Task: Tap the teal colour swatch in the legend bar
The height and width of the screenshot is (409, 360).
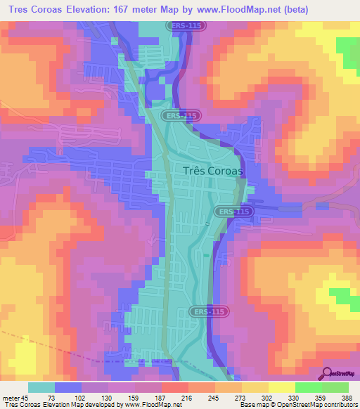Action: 41,387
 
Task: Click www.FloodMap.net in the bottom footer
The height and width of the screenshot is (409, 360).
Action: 149,405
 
